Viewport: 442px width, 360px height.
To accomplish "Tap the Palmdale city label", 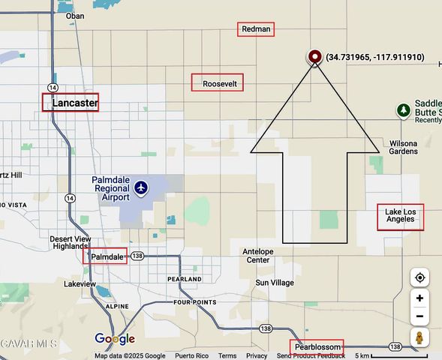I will [x=107, y=256].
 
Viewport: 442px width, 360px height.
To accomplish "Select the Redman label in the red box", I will [x=256, y=29].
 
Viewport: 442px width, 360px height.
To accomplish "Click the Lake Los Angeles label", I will [x=400, y=216].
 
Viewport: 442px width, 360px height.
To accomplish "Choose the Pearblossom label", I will [x=317, y=347].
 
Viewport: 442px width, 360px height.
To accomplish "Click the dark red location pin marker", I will [x=315, y=56].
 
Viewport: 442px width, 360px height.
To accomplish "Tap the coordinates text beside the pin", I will [x=374, y=57].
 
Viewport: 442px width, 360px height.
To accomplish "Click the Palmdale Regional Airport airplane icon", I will [x=141, y=188].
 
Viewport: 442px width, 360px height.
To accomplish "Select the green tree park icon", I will [x=404, y=111].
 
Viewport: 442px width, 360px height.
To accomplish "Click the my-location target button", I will [x=419, y=277].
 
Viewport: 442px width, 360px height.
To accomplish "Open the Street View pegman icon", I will [x=419, y=337].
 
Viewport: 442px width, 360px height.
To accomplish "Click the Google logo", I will [x=114, y=339].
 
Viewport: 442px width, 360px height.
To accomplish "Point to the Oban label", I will [x=75, y=16].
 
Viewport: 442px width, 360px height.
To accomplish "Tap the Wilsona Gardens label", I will [x=403, y=147].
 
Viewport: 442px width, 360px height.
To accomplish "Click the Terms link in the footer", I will [x=227, y=355].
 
